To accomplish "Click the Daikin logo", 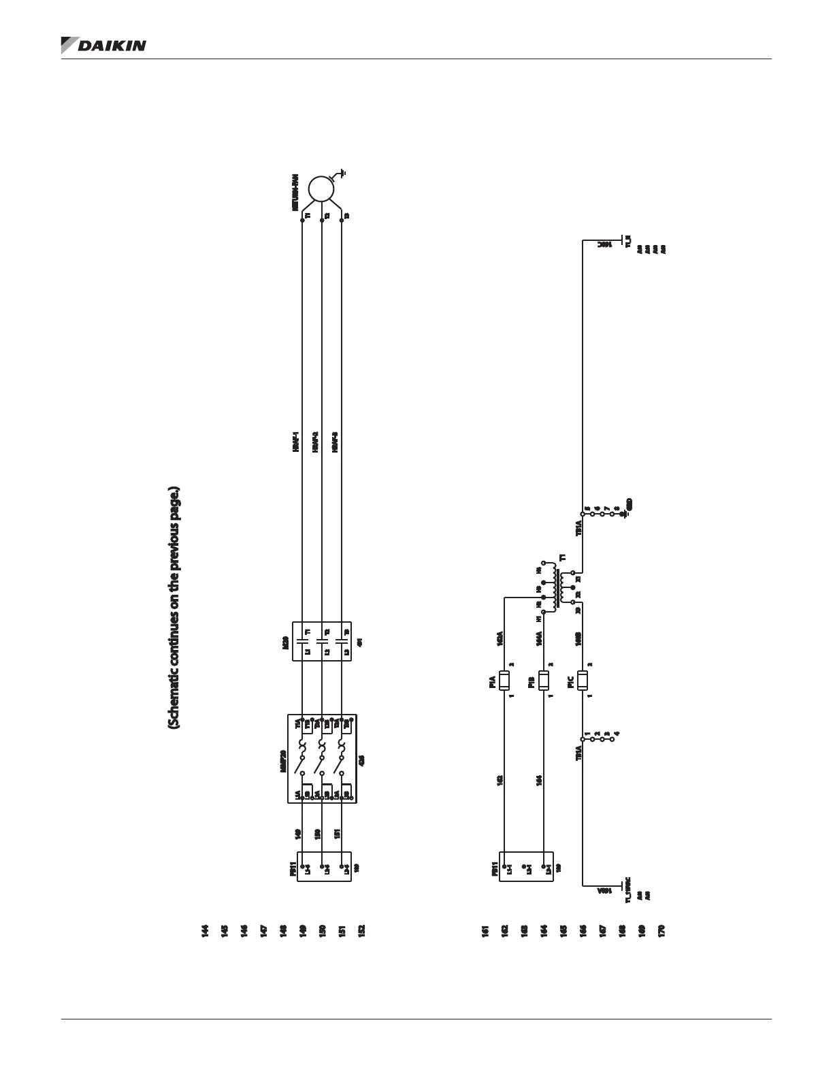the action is pyautogui.click(x=103, y=45).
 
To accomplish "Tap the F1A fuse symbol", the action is pyautogui.click(x=504, y=680).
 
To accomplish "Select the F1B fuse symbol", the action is pyautogui.click(x=544, y=680).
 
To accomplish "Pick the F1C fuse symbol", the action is pyautogui.click(x=583, y=680).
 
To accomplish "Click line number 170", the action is pyautogui.click(x=661, y=931).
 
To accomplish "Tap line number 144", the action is pyautogui.click(x=204, y=931).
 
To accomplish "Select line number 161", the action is pyautogui.click(x=485, y=931).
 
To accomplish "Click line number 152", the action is pyautogui.click(x=361, y=931).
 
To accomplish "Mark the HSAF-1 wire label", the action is pyautogui.click(x=296, y=442).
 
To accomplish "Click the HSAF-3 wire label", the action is pyautogui.click(x=336, y=442).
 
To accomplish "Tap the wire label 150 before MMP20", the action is pyautogui.click(x=316, y=835).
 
